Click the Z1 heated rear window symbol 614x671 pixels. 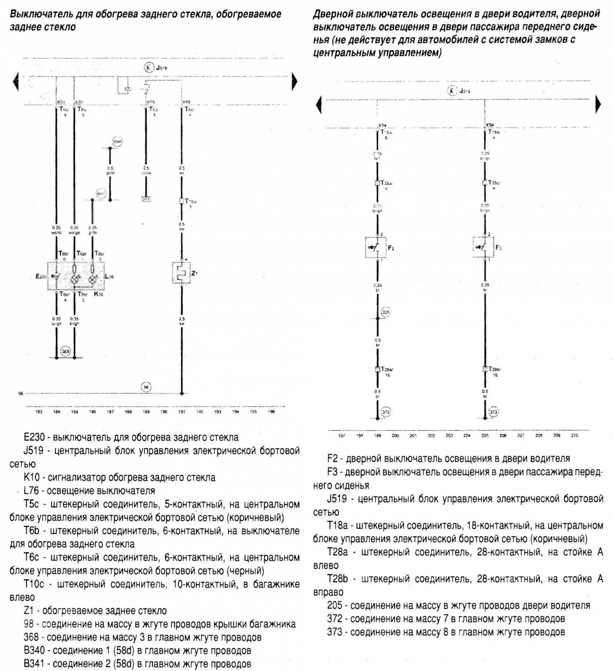coord(181,273)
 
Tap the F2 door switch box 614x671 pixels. coord(376,247)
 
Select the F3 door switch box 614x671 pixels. coord(483,247)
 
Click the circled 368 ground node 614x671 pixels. coord(65,351)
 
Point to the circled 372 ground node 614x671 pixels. coord(386,412)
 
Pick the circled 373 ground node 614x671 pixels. coord(493,412)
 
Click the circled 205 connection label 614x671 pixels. coord(386,312)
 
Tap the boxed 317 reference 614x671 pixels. coord(146,199)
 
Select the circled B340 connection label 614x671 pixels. coord(117,142)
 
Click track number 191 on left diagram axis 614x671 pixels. coord(182,412)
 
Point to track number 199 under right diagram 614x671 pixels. coord(377,435)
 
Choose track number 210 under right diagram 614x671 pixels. coord(574,435)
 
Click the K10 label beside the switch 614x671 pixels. coord(98,294)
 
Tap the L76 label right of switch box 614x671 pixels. coord(109,277)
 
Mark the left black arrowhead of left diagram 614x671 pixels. coord(16,81)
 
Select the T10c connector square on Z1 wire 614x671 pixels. coord(182,201)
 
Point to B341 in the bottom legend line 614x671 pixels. coord(34,664)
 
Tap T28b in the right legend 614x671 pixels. coord(338,579)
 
